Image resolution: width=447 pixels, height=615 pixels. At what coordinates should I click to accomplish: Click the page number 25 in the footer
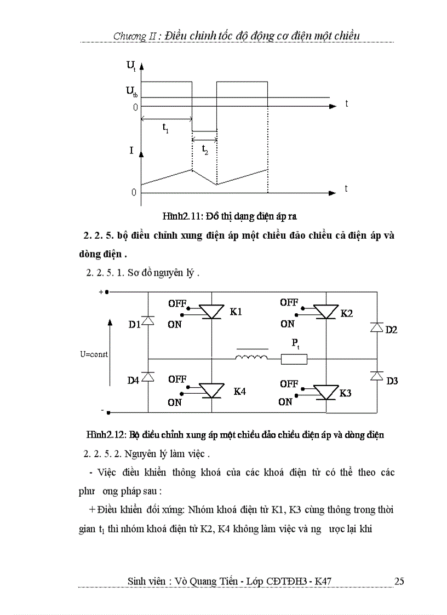(x=399, y=581)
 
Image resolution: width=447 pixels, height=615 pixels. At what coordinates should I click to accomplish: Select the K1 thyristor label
(x=236, y=312)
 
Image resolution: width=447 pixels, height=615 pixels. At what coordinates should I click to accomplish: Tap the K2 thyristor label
(x=347, y=313)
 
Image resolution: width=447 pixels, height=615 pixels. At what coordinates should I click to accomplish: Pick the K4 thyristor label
(x=240, y=392)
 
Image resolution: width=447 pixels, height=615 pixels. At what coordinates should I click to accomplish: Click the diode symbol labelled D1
(x=148, y=321)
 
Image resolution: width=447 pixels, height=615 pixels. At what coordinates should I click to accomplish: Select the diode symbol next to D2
(x=376, y=327)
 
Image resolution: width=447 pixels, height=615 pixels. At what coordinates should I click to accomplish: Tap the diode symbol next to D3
(x=376, y=375)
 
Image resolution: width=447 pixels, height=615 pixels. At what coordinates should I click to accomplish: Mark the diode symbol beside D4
(x=148, y=377)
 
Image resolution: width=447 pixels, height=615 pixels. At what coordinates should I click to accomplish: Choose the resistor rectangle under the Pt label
(x=294, y=359)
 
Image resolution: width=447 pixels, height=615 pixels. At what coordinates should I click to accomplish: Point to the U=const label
(x=94, y=354)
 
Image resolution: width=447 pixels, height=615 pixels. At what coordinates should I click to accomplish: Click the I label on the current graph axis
(x=131, y=150)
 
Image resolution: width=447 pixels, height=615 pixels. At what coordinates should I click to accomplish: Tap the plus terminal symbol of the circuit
(x=101, y=292)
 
